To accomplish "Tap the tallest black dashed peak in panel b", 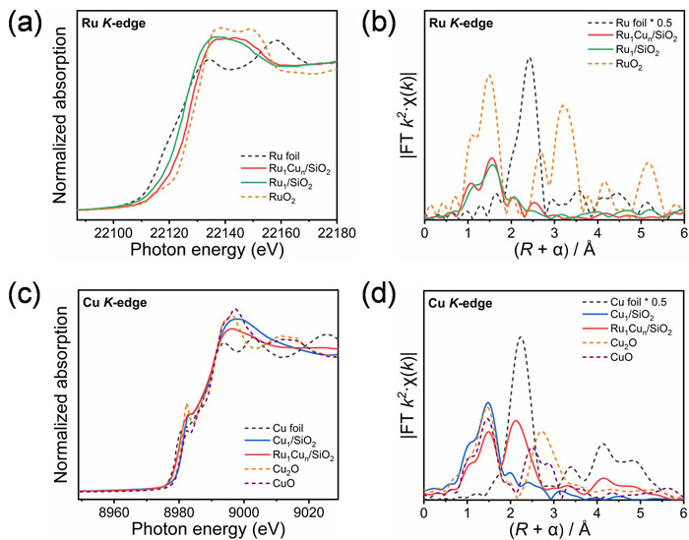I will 530,58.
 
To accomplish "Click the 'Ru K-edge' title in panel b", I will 463,21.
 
